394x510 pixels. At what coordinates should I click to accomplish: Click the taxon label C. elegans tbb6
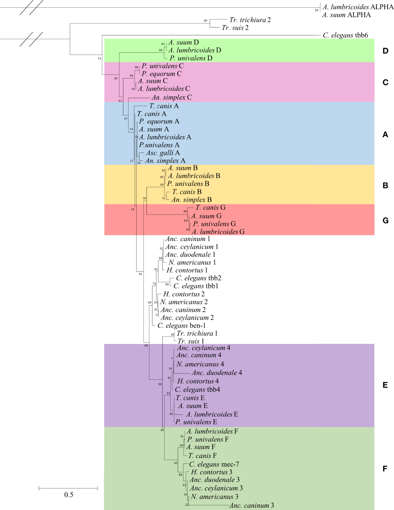tap(345, 35)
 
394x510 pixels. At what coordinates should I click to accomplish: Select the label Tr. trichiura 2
tap(250, 20)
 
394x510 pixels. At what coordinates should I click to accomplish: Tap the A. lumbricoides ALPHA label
tap(358, 7)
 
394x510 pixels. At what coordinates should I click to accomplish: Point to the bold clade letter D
tap(385, 51)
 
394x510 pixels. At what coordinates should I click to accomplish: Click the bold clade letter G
tap(385, 221)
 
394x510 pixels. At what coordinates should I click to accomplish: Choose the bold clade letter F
tap(385, 469)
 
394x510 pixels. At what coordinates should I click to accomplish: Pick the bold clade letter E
tap(385, 385)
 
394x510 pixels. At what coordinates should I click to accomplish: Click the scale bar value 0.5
tap(69, 495)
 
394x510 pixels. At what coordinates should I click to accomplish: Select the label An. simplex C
tap(172, 97)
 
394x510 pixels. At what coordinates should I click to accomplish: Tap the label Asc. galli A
tap(163, 153)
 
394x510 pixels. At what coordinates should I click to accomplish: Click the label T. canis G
tap(210, 208)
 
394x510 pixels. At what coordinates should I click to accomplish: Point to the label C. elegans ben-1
tap(181, 326)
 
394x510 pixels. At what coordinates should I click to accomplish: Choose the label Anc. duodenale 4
tap(217, 373)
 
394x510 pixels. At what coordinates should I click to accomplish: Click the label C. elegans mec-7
tap(214, 464)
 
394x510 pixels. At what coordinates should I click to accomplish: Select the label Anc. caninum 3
tap(251, 506)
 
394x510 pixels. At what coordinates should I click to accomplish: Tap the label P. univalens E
tap(196, 422)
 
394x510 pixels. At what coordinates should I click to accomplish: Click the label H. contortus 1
tap(187, 270)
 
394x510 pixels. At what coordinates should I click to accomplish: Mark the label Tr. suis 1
tap(191, 341)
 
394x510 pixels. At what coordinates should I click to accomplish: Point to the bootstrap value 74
tap(99, 59)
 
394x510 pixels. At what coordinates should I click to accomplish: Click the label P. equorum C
tap(162, 74)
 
